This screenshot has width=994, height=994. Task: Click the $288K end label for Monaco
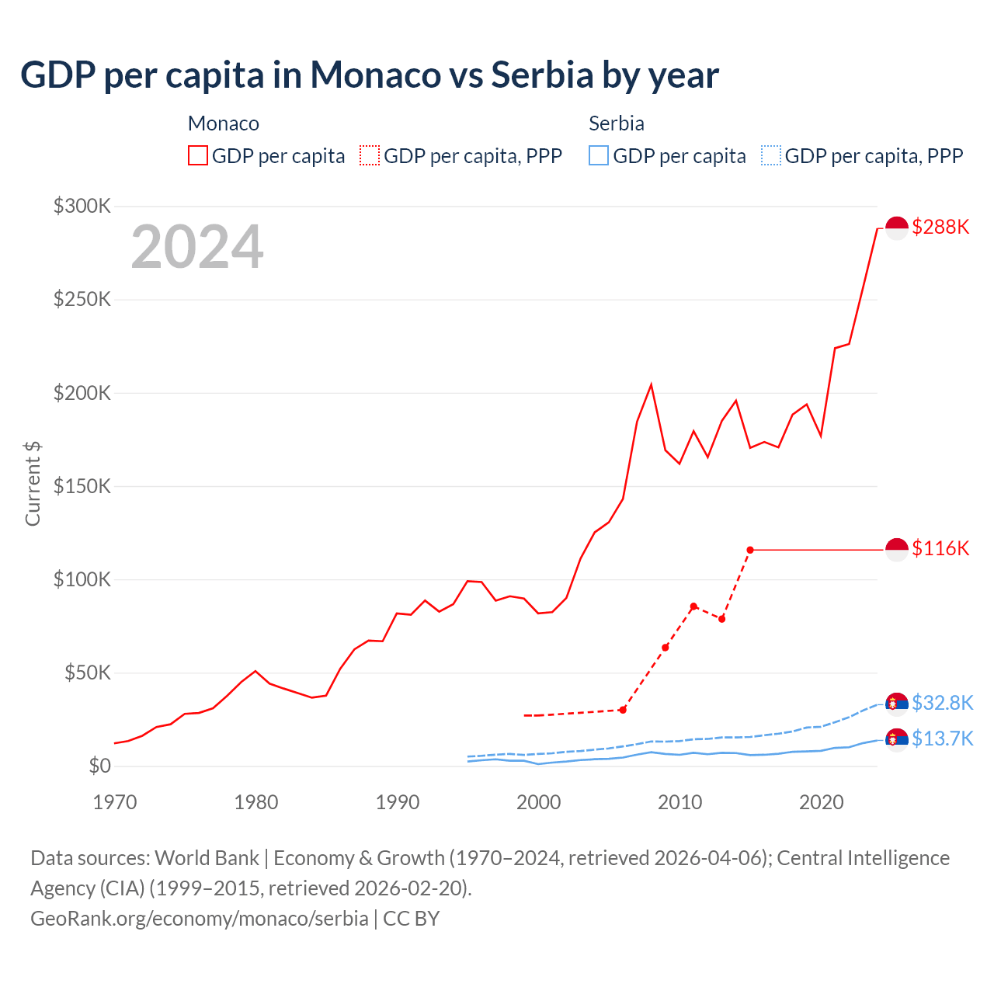tap(940, 227)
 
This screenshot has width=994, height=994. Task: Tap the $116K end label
tap(940, 548)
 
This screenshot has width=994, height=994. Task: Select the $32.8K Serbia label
tap(942, 703)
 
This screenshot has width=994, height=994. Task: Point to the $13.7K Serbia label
tap(942, 739)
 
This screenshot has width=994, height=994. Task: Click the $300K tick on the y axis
tap(82, 206)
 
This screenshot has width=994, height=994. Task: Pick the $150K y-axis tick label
tap(82, 486)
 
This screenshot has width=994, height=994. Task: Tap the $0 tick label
tap(100, 766)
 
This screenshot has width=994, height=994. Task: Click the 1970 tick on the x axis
tap(115, 802)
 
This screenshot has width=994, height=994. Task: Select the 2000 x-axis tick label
tap(538, 802)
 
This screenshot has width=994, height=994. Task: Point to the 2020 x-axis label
tap(821, 802)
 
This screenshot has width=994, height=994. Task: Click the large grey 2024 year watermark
tap(197, 247)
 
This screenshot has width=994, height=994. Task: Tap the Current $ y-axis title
tap(33, 483)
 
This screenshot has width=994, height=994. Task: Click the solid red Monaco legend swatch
tap(198, 155)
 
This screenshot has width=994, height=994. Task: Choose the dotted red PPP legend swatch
tap(370, 155)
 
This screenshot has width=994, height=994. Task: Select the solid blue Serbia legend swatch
tap(599, 155)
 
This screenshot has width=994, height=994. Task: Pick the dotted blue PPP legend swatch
tap(771, 155)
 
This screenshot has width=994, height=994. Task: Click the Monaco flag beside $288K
tap(897, 228)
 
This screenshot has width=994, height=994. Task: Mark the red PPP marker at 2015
tap(750, 550)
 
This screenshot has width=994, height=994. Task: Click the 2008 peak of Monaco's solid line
tap(651, 384)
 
